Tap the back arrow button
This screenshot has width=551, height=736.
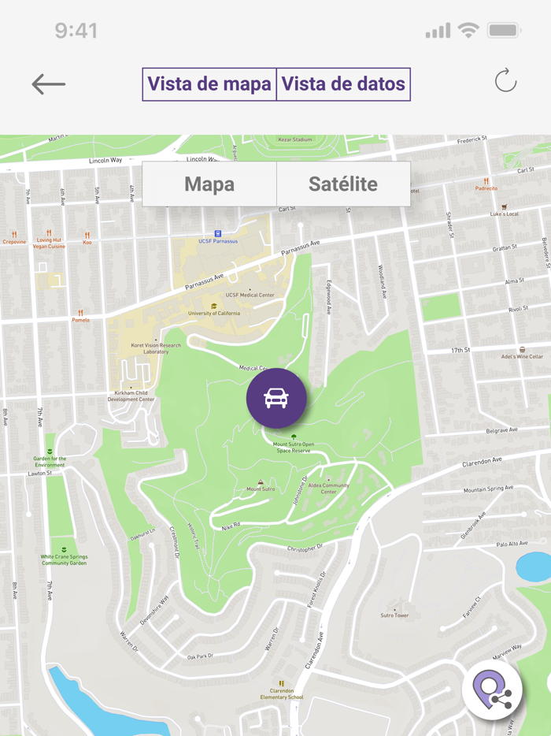click(48, 84)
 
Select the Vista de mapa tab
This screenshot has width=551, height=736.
click(209, 84)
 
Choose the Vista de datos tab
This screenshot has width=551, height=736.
click(343, 84)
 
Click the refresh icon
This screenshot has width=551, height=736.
click(505, 81)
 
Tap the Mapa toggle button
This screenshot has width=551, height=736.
click(209, 184)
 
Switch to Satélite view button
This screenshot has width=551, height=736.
click(343, 184)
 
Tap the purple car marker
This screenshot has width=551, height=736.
click(276, 399)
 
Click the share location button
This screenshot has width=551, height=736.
click(492, 688)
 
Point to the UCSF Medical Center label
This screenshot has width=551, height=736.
click(250, 295)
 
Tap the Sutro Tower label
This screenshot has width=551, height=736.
click(394, 615)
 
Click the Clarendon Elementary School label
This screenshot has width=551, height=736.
click(282, 693)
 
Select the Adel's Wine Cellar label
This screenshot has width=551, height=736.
click(522, 356)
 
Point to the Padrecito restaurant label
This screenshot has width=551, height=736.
click(486, 188)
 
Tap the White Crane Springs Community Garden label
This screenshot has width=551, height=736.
click(64, 559)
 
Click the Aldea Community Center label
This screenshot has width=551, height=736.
click(328, 488)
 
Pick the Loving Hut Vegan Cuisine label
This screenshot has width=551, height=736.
click(49, 243)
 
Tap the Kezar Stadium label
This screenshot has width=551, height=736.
click(295, 139)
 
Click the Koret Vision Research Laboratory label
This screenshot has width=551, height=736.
click(156, 348)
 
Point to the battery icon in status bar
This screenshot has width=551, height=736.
click(504, 31)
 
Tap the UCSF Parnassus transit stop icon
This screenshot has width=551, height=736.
click(218, 234)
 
